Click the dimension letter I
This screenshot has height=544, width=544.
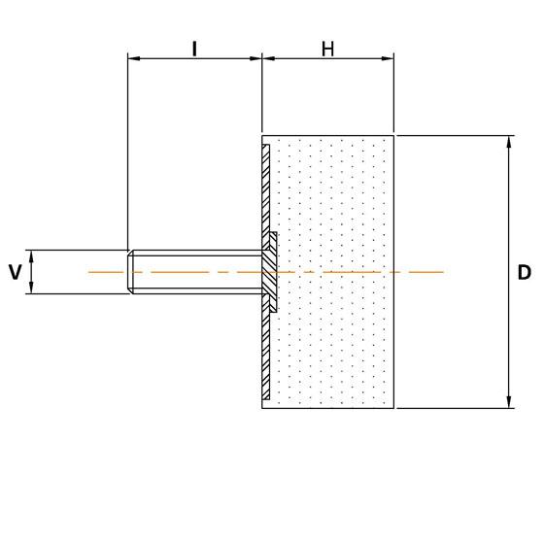pos(195,48)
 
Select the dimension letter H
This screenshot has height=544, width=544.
pos(328,48)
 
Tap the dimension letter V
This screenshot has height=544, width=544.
pos(15,272)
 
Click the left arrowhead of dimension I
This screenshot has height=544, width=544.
pos(134,59)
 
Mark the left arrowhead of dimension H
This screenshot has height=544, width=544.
pos(269,59)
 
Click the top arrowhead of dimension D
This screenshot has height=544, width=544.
pos(509,142)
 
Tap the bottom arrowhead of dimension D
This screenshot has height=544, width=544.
pos(509,401)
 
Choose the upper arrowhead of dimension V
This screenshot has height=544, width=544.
pos(32,255)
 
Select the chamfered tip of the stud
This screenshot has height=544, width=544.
pos(131,272)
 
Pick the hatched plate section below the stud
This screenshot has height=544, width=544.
pos(266,355)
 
